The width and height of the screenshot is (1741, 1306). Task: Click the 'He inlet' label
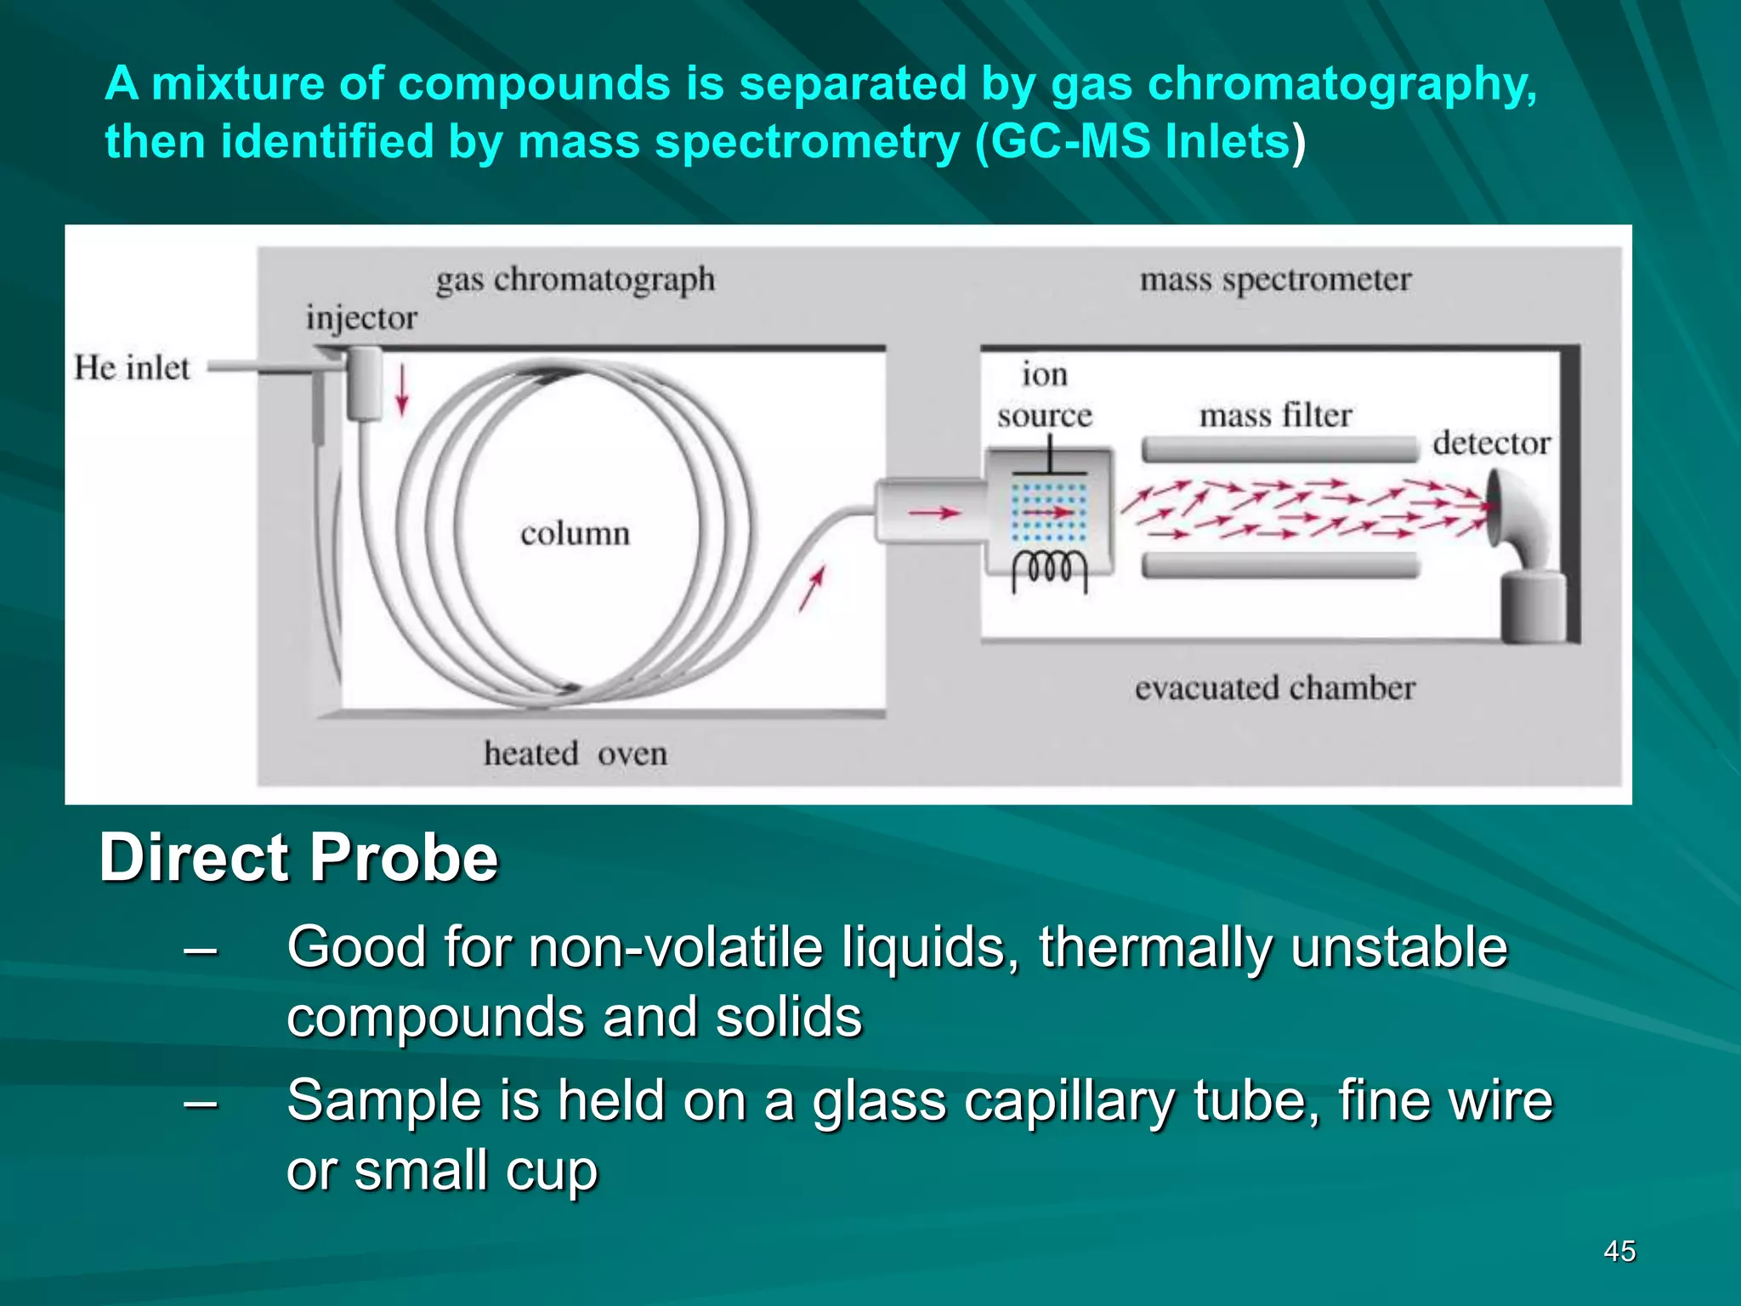(132, 368)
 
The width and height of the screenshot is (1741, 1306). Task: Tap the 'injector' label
(361, 319)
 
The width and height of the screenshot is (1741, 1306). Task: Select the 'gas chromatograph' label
(576, 280)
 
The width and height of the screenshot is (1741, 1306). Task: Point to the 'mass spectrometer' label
(1275, 280)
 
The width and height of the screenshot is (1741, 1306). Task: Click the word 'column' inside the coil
(576, 534)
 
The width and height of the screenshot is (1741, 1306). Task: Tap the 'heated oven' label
(576, 753)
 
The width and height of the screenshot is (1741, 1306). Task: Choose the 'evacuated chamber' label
(1275, 688)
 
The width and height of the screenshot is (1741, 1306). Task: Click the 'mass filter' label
(1275, 416)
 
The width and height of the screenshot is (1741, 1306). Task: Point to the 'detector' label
(1491, 443)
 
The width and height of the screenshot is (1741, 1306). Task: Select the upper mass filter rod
(1280, 449)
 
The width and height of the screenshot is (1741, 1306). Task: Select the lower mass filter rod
(1280, 565)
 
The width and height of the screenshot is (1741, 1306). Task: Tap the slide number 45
(1619, 1252)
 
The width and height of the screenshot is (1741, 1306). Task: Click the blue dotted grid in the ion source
(1049, 513)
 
